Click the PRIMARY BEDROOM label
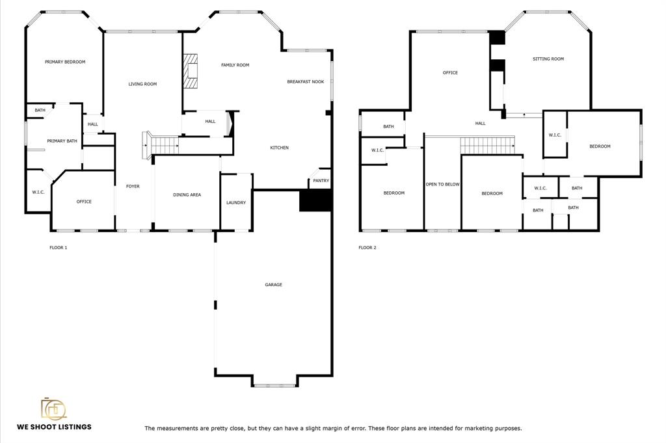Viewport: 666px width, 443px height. point(65,62)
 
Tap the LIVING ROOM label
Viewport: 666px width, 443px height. point(142,84)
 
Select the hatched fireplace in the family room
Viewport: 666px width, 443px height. point(191,71)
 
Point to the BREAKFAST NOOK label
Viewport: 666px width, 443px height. point(306,81)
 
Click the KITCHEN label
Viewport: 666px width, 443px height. point(280,148)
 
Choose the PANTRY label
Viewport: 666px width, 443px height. point(321,180)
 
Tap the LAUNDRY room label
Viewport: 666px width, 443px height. point(236,202)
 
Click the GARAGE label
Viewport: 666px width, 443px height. point(274,284)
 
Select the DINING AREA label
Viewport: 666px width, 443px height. point(187,195)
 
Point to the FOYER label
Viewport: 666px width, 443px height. point(133,187)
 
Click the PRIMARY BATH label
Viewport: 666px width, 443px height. point(62,141)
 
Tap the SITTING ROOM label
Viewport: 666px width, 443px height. point(548,59)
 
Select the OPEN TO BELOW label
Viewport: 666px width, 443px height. point(442,184)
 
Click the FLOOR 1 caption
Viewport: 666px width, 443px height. point(58,248)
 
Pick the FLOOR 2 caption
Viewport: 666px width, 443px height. point(367,248)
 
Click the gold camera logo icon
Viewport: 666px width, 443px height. point(53,408)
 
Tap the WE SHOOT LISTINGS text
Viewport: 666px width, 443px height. point(54,427)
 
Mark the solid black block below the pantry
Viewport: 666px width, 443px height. point(315,200)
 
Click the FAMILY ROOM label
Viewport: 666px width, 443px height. point(235,65)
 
